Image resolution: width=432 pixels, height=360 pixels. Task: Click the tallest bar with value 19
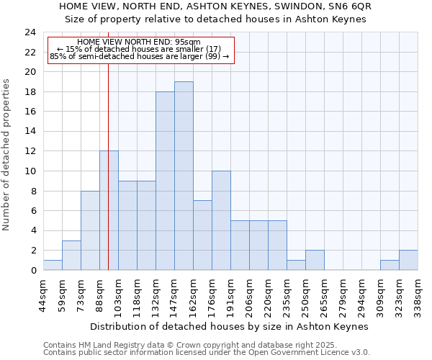click(184, 176)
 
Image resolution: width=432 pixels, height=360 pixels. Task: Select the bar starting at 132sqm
click(165, 181)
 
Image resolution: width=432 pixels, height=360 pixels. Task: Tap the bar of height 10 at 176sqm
click(221, 220)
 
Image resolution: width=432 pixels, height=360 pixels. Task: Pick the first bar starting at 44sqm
click(53, 265)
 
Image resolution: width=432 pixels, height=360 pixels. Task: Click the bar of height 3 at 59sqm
click(71, 255)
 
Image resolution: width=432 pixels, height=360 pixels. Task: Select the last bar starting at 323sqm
click(408, 260)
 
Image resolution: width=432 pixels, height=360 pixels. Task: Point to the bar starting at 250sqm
click(315, 260)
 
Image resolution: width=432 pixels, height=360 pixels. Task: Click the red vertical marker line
click(108, 180)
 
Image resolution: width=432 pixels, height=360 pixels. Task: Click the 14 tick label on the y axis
click(30, 132)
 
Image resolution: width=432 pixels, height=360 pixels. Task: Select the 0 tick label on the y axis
click(33, 271)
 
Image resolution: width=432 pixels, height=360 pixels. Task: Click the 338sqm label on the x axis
click(418, 294)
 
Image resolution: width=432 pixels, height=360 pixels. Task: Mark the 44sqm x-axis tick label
click(43, 294)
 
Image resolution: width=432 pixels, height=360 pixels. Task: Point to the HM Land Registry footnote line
click(189, 345)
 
